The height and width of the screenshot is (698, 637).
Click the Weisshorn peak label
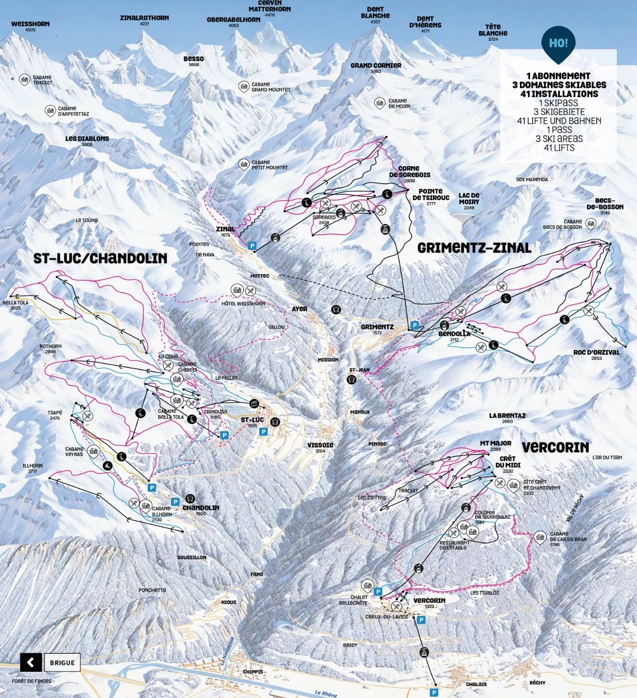(x=30, y=24)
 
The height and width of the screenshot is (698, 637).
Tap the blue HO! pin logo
(x=558, y=44)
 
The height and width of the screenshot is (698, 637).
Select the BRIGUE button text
(x=63, y=663)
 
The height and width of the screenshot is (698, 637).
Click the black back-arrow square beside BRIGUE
(x=31, y=663)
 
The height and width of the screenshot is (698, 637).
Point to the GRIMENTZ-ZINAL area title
(x=474, y=248)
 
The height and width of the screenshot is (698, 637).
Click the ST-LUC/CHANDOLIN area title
(x=100, y=258)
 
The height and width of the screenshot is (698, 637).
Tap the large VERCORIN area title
(x=555, y=447)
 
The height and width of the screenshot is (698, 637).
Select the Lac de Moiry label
(x=469, y=199)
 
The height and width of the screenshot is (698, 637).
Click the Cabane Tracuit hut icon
(x=24, y=80)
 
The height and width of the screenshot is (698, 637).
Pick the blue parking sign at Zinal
(x=252, y=246)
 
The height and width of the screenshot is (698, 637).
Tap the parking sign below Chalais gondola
(x=434, y=692)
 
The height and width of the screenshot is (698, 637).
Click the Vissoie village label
(x=320, y=445)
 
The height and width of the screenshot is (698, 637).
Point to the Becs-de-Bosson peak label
(x=604, y=204)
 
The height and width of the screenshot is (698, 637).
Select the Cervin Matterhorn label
(x=270, y=6)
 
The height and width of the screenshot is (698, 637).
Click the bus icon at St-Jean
(x=352, y=379)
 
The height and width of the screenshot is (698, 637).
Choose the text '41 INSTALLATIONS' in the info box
(x=559, y=94)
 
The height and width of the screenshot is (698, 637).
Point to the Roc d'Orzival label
(x=596, y=352)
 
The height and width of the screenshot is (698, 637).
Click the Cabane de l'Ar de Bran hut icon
(x=540, y=537)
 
